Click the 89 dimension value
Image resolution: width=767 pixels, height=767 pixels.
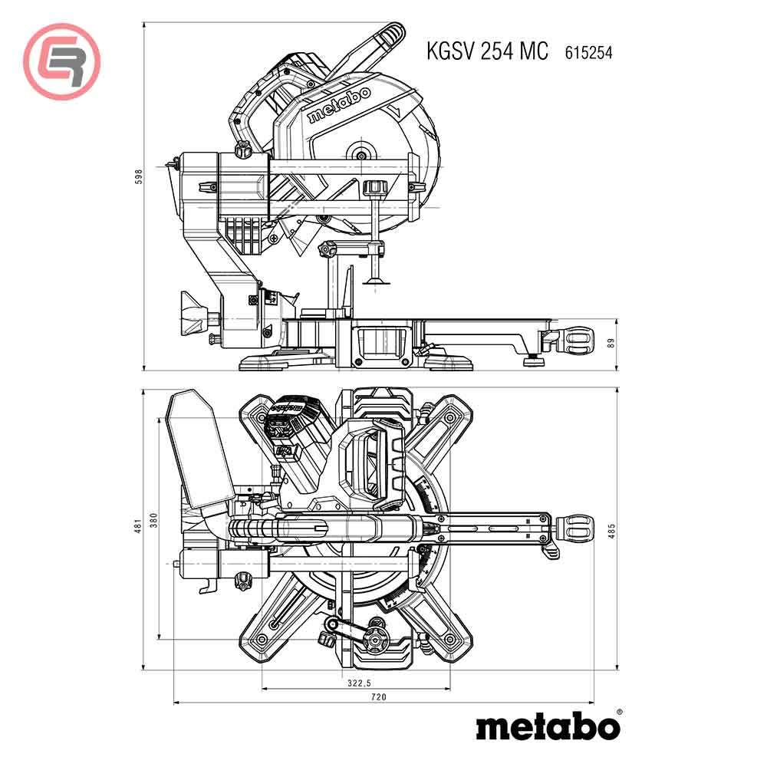point(611,344)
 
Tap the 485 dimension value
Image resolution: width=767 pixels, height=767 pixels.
point(611,530)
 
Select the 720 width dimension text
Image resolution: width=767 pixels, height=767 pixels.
point(378,696)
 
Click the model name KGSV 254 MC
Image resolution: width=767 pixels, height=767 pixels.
point(488,51)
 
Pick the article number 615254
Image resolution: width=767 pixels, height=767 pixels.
point(588,52)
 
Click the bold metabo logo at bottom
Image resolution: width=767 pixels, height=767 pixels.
point(548,726)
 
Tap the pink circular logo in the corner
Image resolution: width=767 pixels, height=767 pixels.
point(61,61)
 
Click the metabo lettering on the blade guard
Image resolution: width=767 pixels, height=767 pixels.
point(338,105)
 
